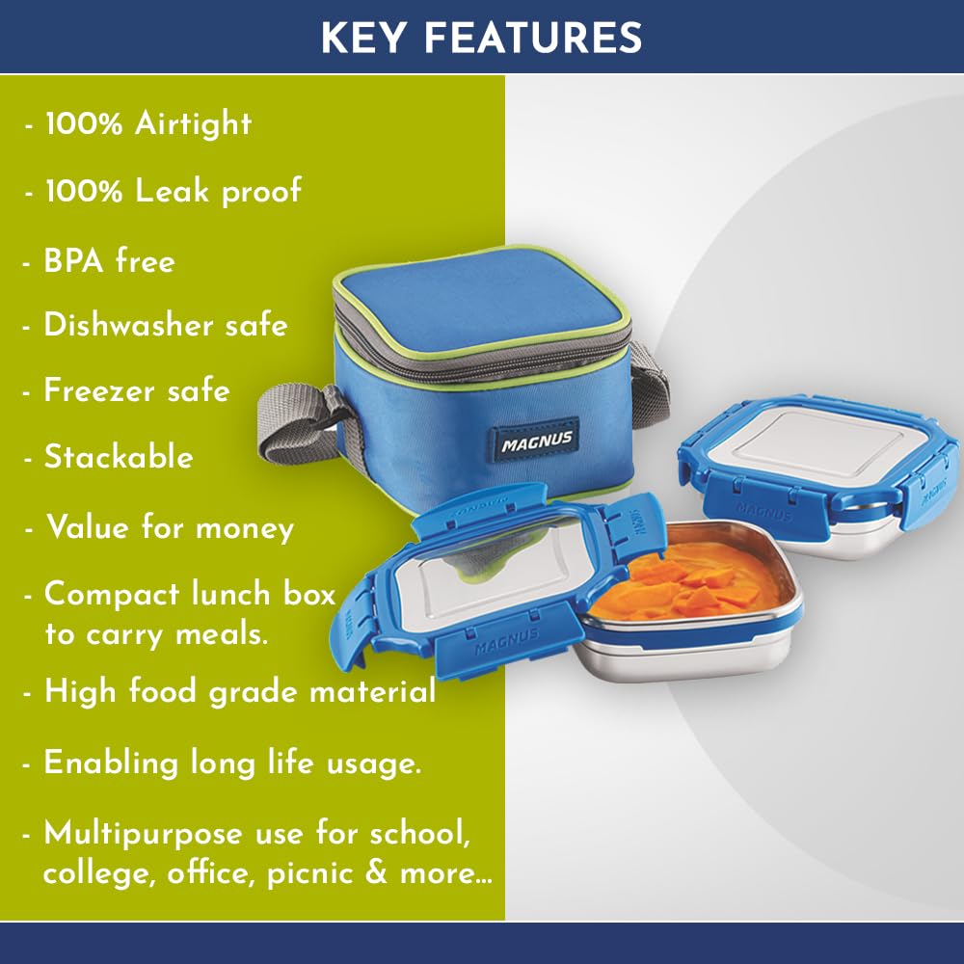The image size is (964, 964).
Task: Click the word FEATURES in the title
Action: [532, 38]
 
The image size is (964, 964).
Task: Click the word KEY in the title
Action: [363, 38]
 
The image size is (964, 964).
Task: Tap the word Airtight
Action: [193, 123]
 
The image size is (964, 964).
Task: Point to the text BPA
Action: [73, 260]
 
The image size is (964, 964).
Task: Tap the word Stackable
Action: [119, 457]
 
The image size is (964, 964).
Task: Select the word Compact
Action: [113, 595]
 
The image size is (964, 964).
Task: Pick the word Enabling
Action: [111, 764]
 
